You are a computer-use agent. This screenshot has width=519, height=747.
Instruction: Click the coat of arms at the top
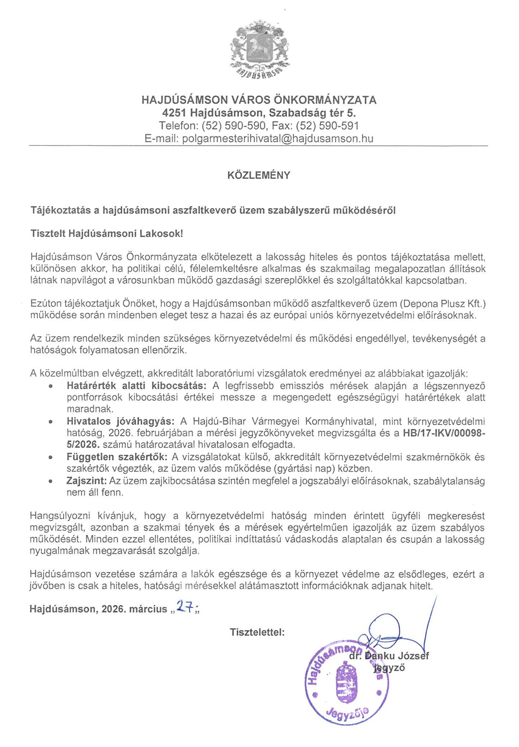(x=259, y=48)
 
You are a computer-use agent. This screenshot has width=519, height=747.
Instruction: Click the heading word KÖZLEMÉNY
(x=259, y=175)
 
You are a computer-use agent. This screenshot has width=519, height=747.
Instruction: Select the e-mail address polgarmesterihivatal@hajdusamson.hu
(x=278, y=139)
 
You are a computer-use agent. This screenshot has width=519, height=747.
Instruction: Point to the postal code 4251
(x=174, y=113)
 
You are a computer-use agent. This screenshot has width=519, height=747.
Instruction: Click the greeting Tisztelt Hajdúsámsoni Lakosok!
(x=107, y=234)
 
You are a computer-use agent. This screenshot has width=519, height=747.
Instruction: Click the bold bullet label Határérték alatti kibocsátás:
(x=136, y=386)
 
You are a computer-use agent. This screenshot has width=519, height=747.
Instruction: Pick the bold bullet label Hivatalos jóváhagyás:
(x=121, y=421)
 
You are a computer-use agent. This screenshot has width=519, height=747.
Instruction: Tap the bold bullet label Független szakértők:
(x=117, y=457)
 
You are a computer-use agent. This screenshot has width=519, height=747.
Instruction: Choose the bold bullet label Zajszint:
(x=87, y=481)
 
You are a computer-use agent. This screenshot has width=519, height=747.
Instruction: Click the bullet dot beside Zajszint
(x=50, y=481)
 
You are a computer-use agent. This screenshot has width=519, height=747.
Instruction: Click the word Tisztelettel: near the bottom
(x=257, y=632)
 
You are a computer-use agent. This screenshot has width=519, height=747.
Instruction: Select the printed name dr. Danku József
(x=389, y=656)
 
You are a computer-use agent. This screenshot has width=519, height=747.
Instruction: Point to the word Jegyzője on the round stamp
(x=348, y=715)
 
